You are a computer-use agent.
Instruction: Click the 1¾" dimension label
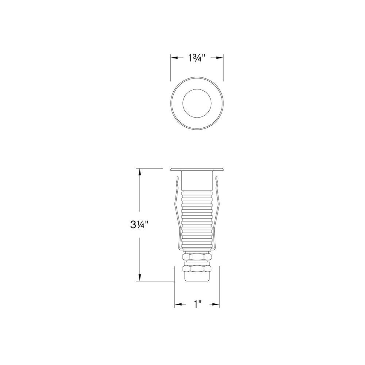(x=197, y=58)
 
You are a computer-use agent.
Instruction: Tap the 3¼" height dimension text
(x=139, y=225)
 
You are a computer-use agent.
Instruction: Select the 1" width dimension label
(x=198, y=304)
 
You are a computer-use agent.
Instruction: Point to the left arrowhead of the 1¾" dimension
(x=174, y=58)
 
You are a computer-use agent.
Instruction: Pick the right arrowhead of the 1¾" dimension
(x=220, y=58)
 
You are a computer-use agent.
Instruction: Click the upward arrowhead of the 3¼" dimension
(x=140, y=172)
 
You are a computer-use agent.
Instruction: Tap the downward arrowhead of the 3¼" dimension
(x=140, y=277)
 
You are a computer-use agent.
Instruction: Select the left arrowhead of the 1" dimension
(x=178, y=304)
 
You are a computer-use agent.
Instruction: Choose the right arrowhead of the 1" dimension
(x=216, y=304)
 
